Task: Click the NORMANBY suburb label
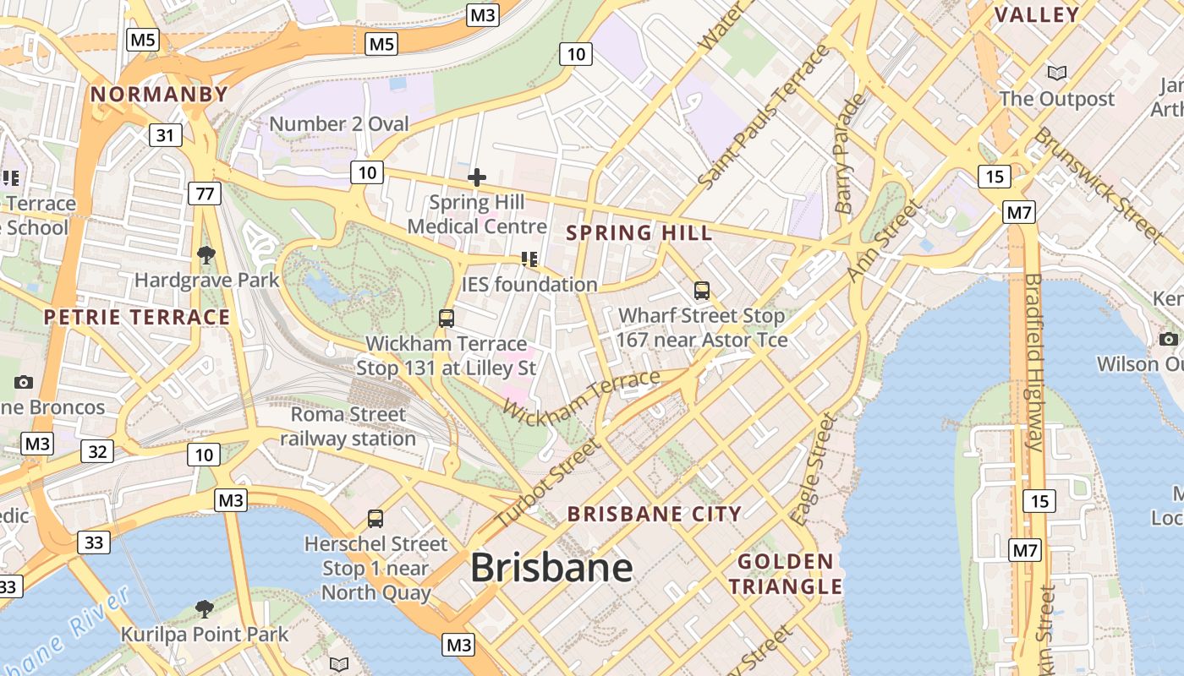(x=159, y=94)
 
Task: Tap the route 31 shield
(x=166, y=134)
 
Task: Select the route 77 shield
(x=205, y=194)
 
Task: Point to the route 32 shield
(x=97, y=451)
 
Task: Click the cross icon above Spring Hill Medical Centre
(x=477, y=177)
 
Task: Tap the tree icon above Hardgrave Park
(x=206, y=254)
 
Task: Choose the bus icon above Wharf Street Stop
(x=701, y=291)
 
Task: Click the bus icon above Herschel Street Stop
(x=375, y=518)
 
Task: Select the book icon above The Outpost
(x=1056, y=74)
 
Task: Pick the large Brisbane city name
(x=551, y=567)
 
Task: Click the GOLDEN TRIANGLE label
(x=786, y=574)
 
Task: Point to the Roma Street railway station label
(x=348, y=427)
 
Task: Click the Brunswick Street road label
(x=1099, y=183)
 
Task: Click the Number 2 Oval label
(x=338, y=124)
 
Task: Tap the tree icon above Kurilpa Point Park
(x=204, y=608)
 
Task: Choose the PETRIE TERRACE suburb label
(x=137, y=317)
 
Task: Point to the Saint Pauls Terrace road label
(x=765, y=117)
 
